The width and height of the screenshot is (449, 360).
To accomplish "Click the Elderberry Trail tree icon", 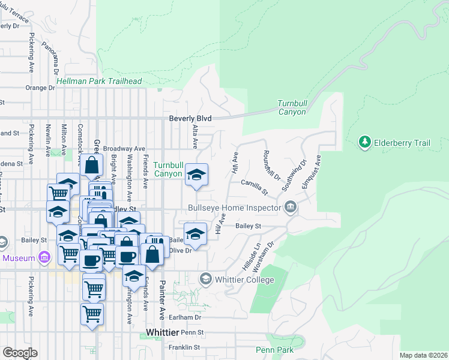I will pyautogui.click(x=364, y=142).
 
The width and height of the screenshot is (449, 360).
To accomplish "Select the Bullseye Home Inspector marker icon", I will pyautogui.click(x=291, y=208).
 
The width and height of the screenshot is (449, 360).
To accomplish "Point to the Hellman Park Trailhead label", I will pyautogui.click(x=99, y=81).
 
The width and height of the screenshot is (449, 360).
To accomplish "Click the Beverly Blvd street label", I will pyautogui.click(x=190, y=119).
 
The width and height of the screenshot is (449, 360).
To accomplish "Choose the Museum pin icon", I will pyautogui.click(x=43, y=258).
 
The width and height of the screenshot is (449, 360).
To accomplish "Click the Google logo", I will pyautogui.click(x=20, y=353).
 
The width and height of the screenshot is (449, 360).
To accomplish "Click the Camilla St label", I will pyautogui.click(x=254, y=187).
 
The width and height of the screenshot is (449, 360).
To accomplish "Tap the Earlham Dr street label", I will pyautogui.click(x=184, y=317).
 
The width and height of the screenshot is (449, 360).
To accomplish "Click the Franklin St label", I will pyautogui.click(x=184, y=347).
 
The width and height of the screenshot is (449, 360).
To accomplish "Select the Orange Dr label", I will pyautogui.click(x=40, y=88).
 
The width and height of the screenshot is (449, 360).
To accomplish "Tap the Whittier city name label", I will pyautogui.click(x=162, y=332).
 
